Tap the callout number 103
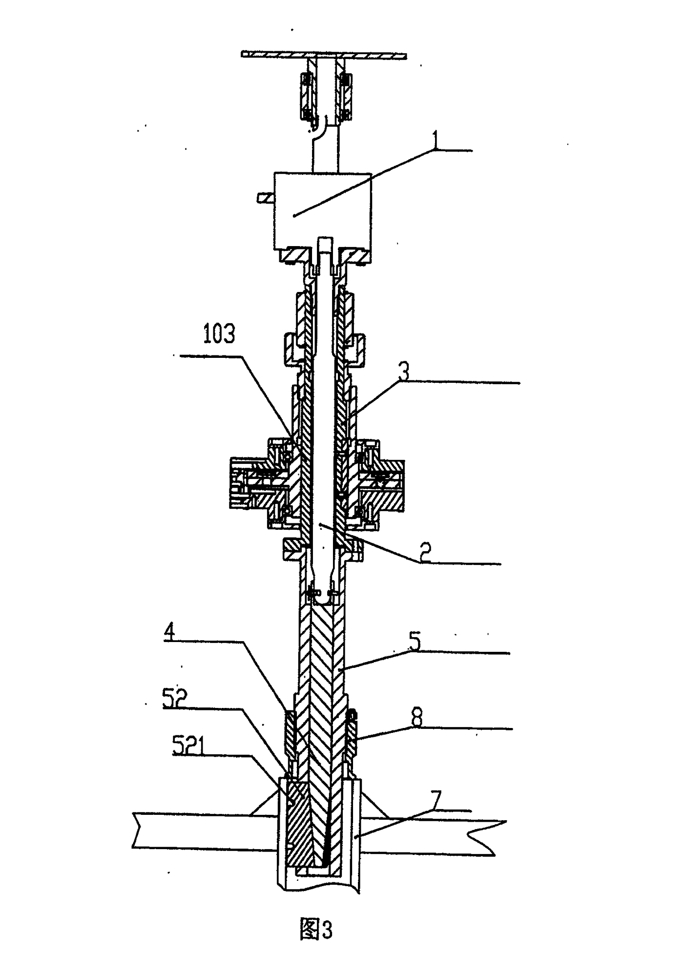[219, 334]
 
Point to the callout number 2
[425, 553]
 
